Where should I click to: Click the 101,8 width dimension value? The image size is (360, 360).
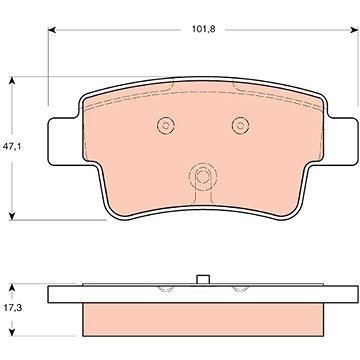pyautogui.click(x=203, y=29)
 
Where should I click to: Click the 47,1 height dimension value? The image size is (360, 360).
pyautogui.click(x=12, y=146)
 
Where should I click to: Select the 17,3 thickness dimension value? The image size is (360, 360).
pyautogui.click(x=13, y=308)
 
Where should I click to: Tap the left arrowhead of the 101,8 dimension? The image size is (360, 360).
pyautogui.click(x=52, y=30)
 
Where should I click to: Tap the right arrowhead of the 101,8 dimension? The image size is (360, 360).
pyautogui.click(x=355, y=30)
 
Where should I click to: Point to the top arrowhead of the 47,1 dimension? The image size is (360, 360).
pyautogui.click(x=12, y=81)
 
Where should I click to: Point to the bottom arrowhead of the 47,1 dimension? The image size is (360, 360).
pyautogui.click(x=12, y=216)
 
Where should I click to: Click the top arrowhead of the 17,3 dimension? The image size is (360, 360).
pyautogui.click(x=12, y=288)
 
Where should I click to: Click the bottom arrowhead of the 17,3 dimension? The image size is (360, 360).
pyautogui.click(x=12, y=332)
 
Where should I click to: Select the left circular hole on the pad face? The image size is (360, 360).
pyautogui.click(x=166, y=126)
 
